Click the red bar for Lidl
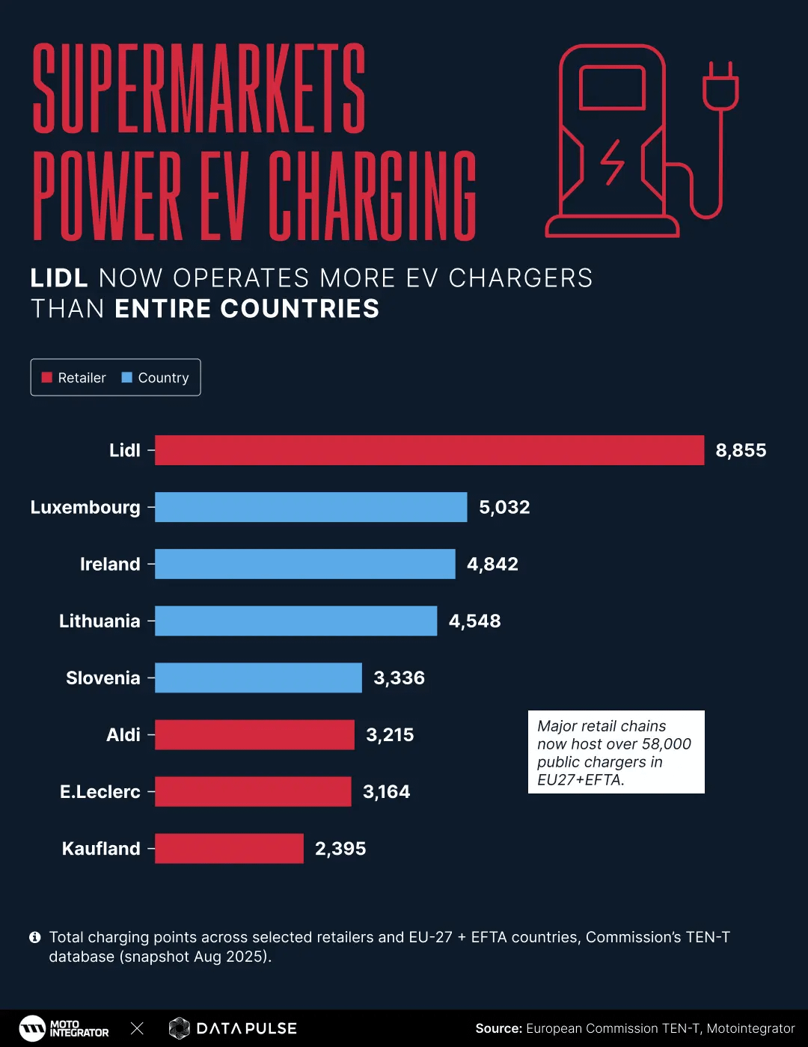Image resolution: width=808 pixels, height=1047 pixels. click(429, 450)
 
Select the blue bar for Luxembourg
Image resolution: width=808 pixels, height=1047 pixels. click(310, 507)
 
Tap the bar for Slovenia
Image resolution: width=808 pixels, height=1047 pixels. click(258, 678)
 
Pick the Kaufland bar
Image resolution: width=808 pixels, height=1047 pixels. click(229, 848)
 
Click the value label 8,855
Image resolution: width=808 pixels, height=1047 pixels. click(741, 450)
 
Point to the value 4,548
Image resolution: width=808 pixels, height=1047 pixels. click(474, 621)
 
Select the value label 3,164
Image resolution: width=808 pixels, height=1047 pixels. click(386, 791)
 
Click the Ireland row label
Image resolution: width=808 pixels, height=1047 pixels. click(110, 564)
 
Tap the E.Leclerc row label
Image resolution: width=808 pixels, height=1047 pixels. click(100, 791)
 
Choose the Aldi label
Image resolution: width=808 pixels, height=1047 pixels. click(123, 734)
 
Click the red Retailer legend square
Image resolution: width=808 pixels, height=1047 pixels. click(46, 378)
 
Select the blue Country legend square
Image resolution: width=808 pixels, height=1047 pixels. click(126, 378)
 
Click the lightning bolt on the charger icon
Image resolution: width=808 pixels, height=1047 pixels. click(613, 162)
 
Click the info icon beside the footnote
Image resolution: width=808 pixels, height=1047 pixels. click(34, 937)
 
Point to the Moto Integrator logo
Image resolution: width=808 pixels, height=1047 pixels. click(64, 1028)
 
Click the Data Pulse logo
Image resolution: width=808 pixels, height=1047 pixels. click(233, 1028)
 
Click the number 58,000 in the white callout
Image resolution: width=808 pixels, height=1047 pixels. click(666, 744)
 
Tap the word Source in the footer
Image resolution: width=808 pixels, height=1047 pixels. click(498, 1028)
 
